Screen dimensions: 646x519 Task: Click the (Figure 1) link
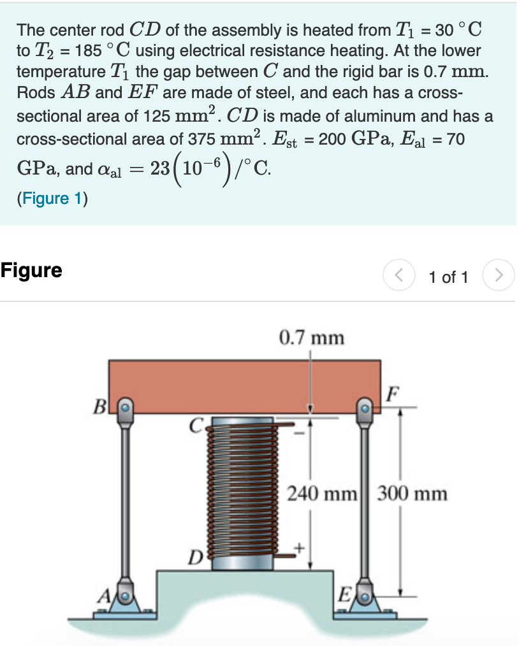pos(52,198)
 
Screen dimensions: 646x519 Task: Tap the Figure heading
pos(32,271)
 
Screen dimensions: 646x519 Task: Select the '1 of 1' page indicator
pos(449,277)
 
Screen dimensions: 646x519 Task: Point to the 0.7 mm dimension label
pos(312,337)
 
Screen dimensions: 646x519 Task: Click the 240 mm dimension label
pos(322,494)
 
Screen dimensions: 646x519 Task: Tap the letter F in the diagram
pos(394,392)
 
